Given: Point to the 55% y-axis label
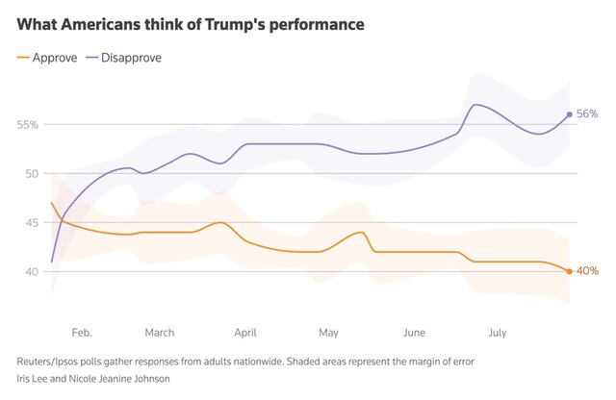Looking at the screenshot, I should (x=27, y=125).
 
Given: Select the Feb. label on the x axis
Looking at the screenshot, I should (x=82, y=333).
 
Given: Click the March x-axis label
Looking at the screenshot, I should (x=160, y=333).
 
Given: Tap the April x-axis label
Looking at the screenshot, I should (x=245, y=333).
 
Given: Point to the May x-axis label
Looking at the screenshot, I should (x=328, y=333).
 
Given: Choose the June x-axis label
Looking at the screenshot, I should (x=414, y=333).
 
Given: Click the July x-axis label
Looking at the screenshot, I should (x=498, y=333).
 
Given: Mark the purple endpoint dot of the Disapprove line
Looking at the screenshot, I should (x=570, y=114).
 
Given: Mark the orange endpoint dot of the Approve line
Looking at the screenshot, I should (x=570, y=271).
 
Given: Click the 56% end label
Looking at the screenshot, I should (x=587, y=114).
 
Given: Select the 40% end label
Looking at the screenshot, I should (x=587, y=271).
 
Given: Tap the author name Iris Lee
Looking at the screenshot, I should (x=35, y=378).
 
